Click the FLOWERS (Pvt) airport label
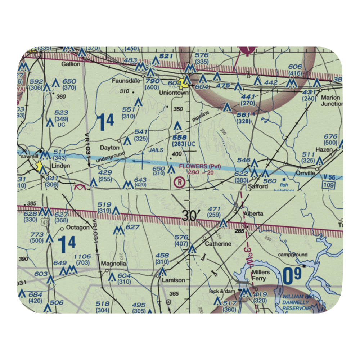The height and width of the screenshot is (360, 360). [200, 166]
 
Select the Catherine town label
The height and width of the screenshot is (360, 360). [218, 244]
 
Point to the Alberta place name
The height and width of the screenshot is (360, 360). [253, 213]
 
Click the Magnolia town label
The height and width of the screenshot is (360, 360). [113, 264]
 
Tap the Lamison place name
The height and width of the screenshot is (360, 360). [174, 280]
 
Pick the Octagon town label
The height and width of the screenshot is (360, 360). [77, 228]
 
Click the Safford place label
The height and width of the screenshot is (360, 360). [258, 186]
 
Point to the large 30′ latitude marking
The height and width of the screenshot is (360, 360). [190, 216]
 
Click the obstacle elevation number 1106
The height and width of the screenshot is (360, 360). [82, 256]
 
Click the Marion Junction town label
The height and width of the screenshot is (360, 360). [331, 100]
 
